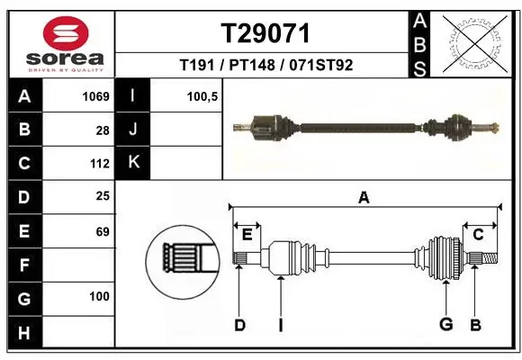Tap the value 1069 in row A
(96, 96)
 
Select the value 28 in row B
(103, 130)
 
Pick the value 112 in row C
(99, 164)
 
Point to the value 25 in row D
(103, 196)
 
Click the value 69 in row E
(103, 231)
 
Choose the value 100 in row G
(99, 297)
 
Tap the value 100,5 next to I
(202, 96)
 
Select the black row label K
(133, 163)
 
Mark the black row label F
(24, 265)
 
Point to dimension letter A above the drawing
(364, 198)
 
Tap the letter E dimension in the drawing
(247, 235)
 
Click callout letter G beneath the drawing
(445, 324)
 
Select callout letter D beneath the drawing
(239, 325)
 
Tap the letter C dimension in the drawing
(479, 235)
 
